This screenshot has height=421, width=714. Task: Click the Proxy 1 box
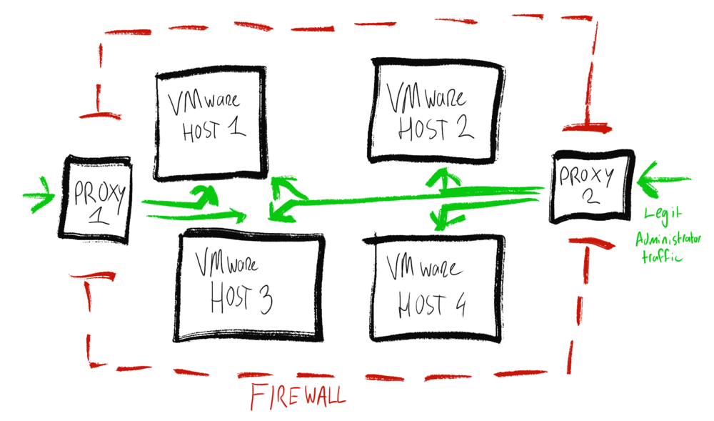click(96, 199)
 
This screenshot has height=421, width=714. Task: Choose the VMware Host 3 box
click(247, 286)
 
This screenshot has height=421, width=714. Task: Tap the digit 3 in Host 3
click(262, 301)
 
